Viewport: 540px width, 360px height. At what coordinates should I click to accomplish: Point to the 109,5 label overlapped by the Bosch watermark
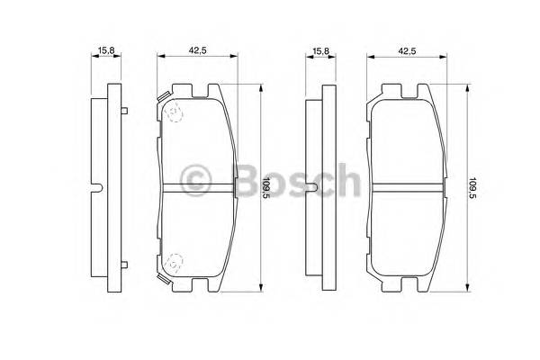(265, 189)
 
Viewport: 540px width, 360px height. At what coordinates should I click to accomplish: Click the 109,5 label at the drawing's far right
(475, 189)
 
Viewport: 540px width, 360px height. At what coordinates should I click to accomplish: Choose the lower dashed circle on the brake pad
(175, 262)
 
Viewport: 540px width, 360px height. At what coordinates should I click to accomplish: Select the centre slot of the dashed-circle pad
(197, 188)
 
